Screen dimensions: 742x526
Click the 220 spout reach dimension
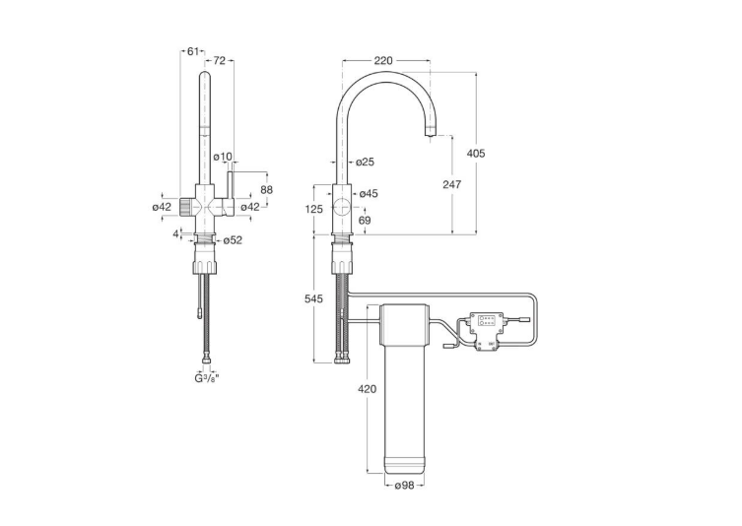(383, 60)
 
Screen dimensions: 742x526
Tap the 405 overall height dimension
(476, 153)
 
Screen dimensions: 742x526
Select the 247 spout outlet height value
(452, 184)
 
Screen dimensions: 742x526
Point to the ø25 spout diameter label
(365, 162)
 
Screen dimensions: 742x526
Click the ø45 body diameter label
(369, 193)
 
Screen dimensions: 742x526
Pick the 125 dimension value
(313, 209)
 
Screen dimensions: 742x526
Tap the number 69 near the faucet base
(365, 220)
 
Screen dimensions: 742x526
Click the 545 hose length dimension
(313, 298)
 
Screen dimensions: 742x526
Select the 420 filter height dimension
(368, 389)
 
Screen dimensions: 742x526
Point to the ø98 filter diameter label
(405, 485)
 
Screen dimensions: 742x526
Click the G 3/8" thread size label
(207, 377)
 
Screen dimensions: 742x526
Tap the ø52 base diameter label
(233, 240)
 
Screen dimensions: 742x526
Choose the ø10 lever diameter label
(223, 157)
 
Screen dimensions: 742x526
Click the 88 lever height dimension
(267, 189)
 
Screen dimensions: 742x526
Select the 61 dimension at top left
(192, 51)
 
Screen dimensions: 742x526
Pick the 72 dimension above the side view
(220, 60)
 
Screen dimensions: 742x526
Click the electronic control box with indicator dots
(487, 332)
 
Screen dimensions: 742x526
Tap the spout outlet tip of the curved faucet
(430, 135)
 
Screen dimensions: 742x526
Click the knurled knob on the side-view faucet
(187, 207)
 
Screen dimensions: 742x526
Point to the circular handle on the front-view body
(342, 208)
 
